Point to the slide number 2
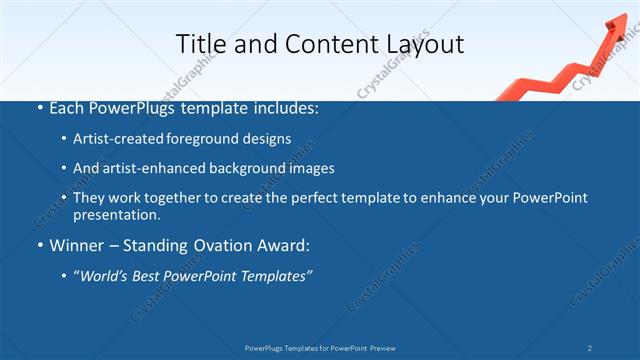click(590, 348)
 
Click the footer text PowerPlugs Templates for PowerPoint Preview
click(320, 348)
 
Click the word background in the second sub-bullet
click(240, 168)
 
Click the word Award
click(281, 245)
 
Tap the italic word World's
click(105, 275)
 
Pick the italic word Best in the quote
click(153, 275)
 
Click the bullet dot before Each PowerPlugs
click(39, 108)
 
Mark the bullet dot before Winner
click(39, 245)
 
